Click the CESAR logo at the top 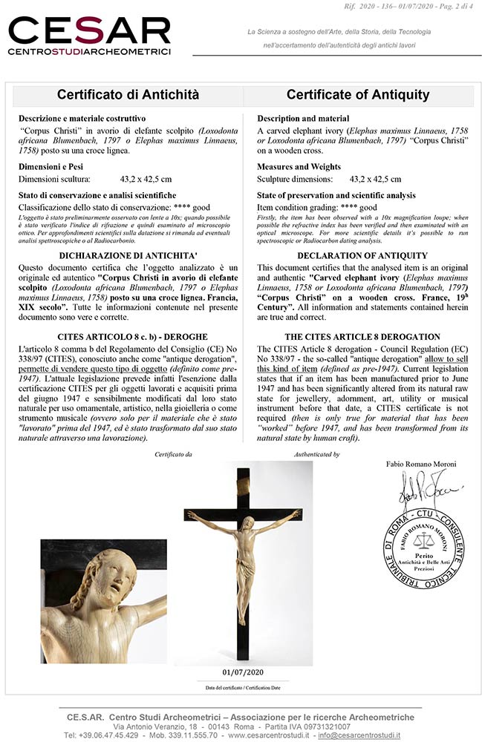tap(89, 33)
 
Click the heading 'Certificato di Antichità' tap(128, 95)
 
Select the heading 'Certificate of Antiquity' tap(358, 95)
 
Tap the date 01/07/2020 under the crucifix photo tap(244, 672)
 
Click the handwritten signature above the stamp tap(419, 485)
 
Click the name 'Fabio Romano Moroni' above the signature tap(421, 464)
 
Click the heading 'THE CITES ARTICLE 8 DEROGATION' tap(362, 337)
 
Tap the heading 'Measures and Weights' tap(299, 167)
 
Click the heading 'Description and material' tap(303, 119)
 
